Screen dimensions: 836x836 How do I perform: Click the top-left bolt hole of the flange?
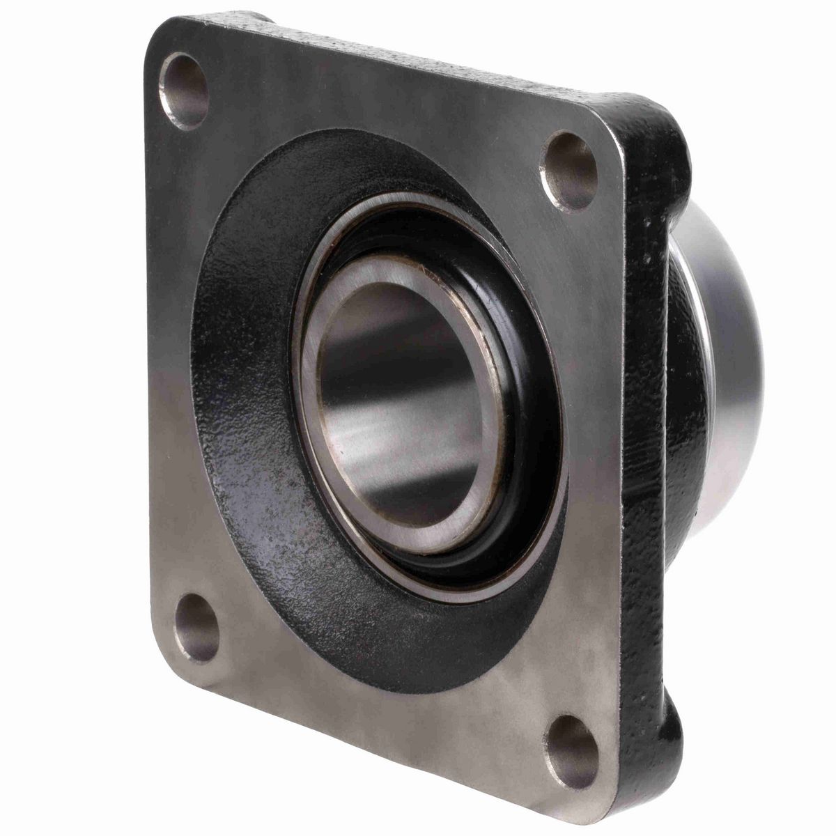click(x=185, y=91)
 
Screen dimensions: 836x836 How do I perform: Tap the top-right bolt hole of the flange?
click(x=569, y=171)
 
